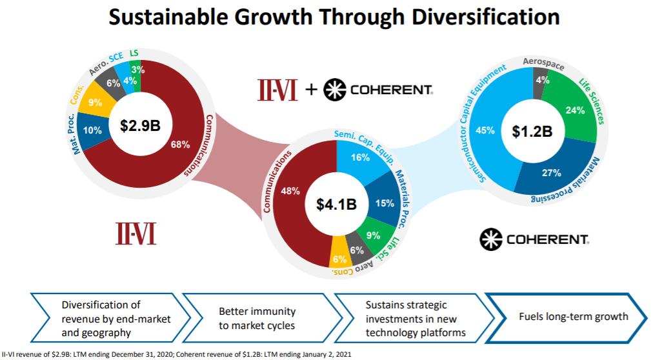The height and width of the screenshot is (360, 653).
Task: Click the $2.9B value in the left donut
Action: [140, 125]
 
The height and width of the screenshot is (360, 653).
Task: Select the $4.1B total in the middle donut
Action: [336, 204]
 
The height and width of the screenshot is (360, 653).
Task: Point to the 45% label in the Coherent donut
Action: [485, 130]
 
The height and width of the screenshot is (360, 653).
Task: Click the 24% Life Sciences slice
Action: [573, 110]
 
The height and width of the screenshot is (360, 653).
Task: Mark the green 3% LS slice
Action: [136, 70]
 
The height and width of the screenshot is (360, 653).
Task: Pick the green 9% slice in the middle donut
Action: [372, 235]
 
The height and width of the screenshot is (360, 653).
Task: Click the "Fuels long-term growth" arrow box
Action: [565, 317]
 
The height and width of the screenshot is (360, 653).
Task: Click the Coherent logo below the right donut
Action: [534, 239]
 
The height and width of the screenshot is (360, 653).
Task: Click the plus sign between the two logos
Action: [311, 90]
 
